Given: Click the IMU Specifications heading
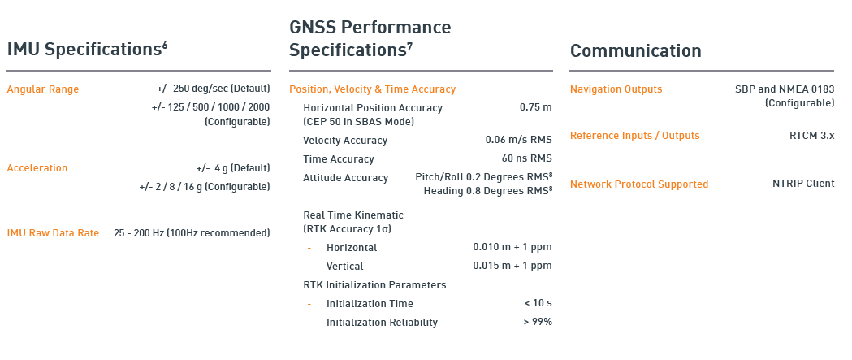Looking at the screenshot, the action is [87, 50].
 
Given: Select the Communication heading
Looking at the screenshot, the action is [636, 50].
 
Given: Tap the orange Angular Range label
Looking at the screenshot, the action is [43, 89].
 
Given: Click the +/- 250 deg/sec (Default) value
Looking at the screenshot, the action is [213, 89].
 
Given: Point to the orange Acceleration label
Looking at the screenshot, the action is [37, 168].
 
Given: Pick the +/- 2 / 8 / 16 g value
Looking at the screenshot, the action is [205, 187].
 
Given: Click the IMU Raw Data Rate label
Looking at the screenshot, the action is [53, 233].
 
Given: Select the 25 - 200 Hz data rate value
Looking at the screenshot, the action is [192, 233].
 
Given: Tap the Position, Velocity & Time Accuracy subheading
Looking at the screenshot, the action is [372, 89].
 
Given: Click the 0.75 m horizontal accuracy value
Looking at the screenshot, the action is [536, 107].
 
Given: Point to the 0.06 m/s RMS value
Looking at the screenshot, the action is [518, 141].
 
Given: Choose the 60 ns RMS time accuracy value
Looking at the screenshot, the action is [526, 158].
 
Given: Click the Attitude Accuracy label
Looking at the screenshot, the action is [345, 178].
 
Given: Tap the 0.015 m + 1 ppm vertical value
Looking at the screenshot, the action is [512, 266].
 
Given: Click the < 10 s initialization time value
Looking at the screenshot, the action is [538, 303].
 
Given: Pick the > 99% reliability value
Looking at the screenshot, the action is [538, 322].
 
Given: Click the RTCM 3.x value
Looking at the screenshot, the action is [811, 136].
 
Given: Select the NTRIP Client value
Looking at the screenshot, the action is [803, 184].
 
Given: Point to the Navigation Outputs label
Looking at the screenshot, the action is [616, 89].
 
